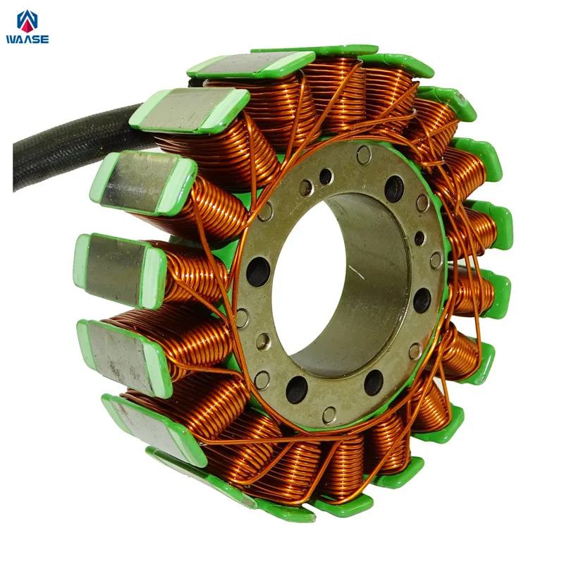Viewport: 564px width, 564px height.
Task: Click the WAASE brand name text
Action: coord(27,39)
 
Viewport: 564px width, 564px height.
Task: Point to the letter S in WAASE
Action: coord(36,39)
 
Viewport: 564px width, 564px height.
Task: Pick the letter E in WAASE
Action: coord(45,39)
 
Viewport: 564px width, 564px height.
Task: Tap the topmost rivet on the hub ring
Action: coord(364,154)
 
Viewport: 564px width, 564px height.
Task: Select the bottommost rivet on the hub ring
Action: coord(329,415)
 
